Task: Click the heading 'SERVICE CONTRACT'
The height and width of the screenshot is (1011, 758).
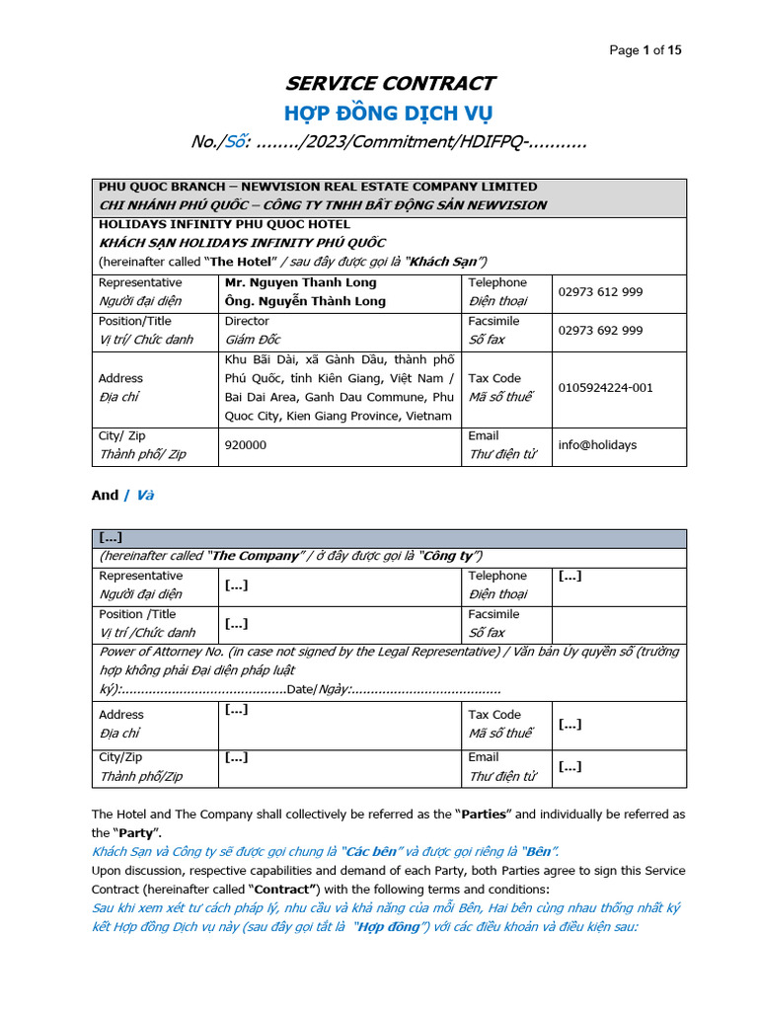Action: [x=391, y=83]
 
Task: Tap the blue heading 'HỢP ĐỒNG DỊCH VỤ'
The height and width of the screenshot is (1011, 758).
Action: [x=389, y=113]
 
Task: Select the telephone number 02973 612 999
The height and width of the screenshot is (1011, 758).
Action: [x=600, y=292]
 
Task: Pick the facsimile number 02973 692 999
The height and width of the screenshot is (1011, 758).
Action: [x=600, y=331]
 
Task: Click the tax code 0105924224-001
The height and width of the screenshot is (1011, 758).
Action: [x=605, y=388]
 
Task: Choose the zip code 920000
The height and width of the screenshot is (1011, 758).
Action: [x=245, y=445]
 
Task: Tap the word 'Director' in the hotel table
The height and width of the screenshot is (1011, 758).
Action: [x=247, y=321]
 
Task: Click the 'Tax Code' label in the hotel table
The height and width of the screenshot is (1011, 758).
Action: [x=494, y=378]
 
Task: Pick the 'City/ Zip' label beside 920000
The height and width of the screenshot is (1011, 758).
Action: [x=121, y=435]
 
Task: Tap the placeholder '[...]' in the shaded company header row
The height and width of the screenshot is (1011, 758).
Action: [x=111, y=537]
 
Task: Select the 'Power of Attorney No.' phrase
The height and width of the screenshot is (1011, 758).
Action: [x=163, y=652]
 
